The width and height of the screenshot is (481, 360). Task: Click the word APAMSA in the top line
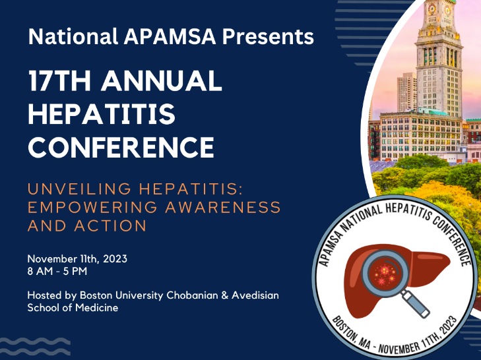[170, 36]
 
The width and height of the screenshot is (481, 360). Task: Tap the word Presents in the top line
[268, 36]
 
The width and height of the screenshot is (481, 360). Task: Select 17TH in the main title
[60, 80]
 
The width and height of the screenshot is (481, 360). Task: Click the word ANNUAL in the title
[162, 80]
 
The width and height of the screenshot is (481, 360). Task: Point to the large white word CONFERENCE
[121, 147]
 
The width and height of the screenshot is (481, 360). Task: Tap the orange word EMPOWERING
[92, 207]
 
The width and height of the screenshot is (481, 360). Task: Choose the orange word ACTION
[110, 226]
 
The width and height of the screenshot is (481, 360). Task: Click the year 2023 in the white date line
[115, 259]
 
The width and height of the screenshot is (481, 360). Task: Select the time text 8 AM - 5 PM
[57, 272]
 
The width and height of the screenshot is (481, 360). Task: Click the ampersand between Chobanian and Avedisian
[224, 295]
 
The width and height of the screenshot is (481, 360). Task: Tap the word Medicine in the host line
[96, 307]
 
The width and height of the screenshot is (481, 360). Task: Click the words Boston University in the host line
[121, 295]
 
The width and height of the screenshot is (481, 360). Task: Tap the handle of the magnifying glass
[415, 303]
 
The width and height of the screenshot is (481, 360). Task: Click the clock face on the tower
[432, 9]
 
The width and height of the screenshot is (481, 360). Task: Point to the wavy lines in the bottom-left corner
[35, 347]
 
